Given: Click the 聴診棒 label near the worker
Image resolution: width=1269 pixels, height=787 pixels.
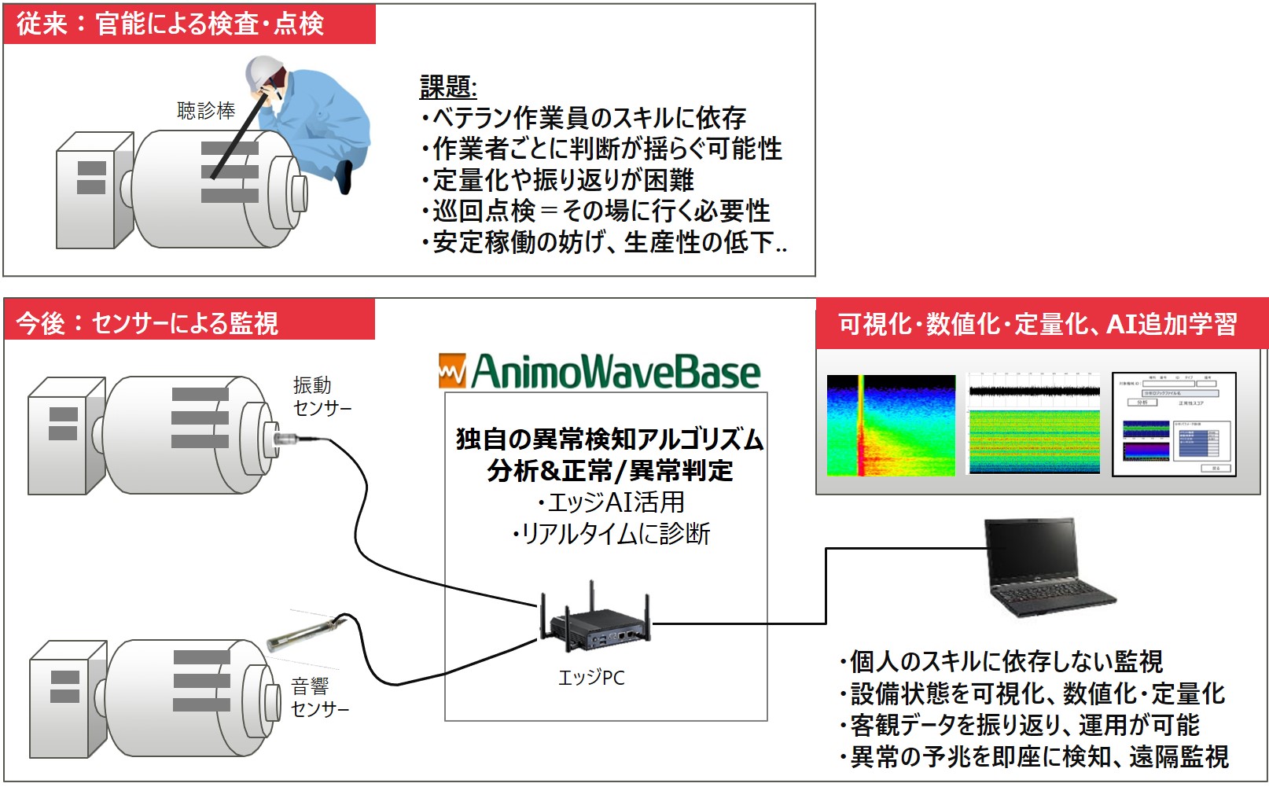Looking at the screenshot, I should point(206,111).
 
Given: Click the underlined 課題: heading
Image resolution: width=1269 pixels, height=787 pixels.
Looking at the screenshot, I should point(448,87).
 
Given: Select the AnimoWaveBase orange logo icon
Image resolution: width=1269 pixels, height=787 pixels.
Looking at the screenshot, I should point(451,371).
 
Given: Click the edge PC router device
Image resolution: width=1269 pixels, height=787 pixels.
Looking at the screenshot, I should point(594,625).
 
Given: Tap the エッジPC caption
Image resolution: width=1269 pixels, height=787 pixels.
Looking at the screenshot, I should point(591,678).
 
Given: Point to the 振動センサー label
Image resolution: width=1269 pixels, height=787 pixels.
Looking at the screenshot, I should point(321,396).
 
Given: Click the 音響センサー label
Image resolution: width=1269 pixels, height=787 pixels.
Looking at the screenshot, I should point(318,697).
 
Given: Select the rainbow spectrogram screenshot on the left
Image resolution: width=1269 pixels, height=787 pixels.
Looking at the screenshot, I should point(890,425).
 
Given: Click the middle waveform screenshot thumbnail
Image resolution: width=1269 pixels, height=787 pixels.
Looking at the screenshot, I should point(1034,425).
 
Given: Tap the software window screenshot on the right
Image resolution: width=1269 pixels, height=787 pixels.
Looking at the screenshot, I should point(1174,425).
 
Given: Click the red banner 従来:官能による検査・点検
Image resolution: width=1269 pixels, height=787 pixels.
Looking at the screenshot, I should point(189,24).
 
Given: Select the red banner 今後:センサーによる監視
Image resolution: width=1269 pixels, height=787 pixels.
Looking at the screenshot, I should point(189,323).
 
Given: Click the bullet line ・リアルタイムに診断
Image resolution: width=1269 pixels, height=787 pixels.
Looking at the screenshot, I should point(611,534).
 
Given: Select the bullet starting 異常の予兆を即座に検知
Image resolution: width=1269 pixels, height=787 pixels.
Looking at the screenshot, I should point(1034,756).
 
